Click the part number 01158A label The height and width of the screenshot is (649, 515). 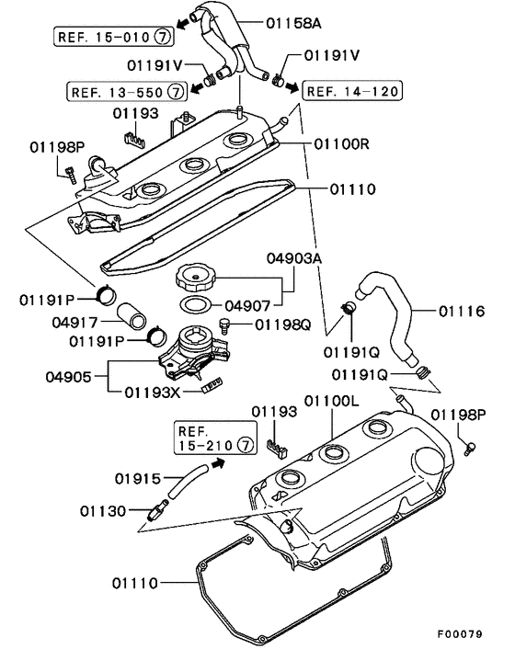[x=293, y=23]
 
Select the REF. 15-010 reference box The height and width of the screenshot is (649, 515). [x=114, y=37]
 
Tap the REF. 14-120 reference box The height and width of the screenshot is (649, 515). [x=352, y=91]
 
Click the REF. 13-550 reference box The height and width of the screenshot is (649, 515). [x=127, y=92]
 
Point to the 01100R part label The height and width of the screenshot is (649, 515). [x=341, y=144]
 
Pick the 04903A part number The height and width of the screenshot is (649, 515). [x=294, y=258]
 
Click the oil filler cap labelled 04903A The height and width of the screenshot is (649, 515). [x=195, y=279]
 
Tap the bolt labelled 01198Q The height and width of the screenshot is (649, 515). [x=224, y=325]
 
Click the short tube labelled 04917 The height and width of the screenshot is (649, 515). [x=132, y=317]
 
